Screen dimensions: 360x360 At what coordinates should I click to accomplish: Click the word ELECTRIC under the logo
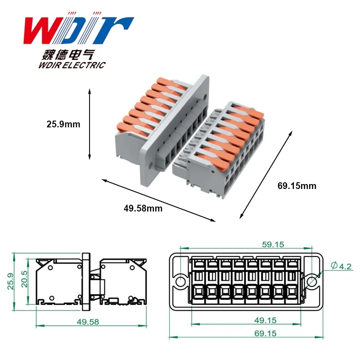(84, 65)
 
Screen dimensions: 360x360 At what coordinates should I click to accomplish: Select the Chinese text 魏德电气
(68, 55)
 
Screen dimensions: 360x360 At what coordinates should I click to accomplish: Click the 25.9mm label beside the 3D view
(63, 124)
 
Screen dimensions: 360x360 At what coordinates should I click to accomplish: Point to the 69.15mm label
(297, 186)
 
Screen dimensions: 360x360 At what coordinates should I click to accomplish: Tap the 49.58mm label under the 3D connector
(143, 208)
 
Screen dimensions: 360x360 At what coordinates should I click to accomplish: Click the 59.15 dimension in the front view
(273, 244)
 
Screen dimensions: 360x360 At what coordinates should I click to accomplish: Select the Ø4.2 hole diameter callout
(341, 266)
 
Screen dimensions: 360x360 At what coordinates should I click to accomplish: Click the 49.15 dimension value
(265, 320)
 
